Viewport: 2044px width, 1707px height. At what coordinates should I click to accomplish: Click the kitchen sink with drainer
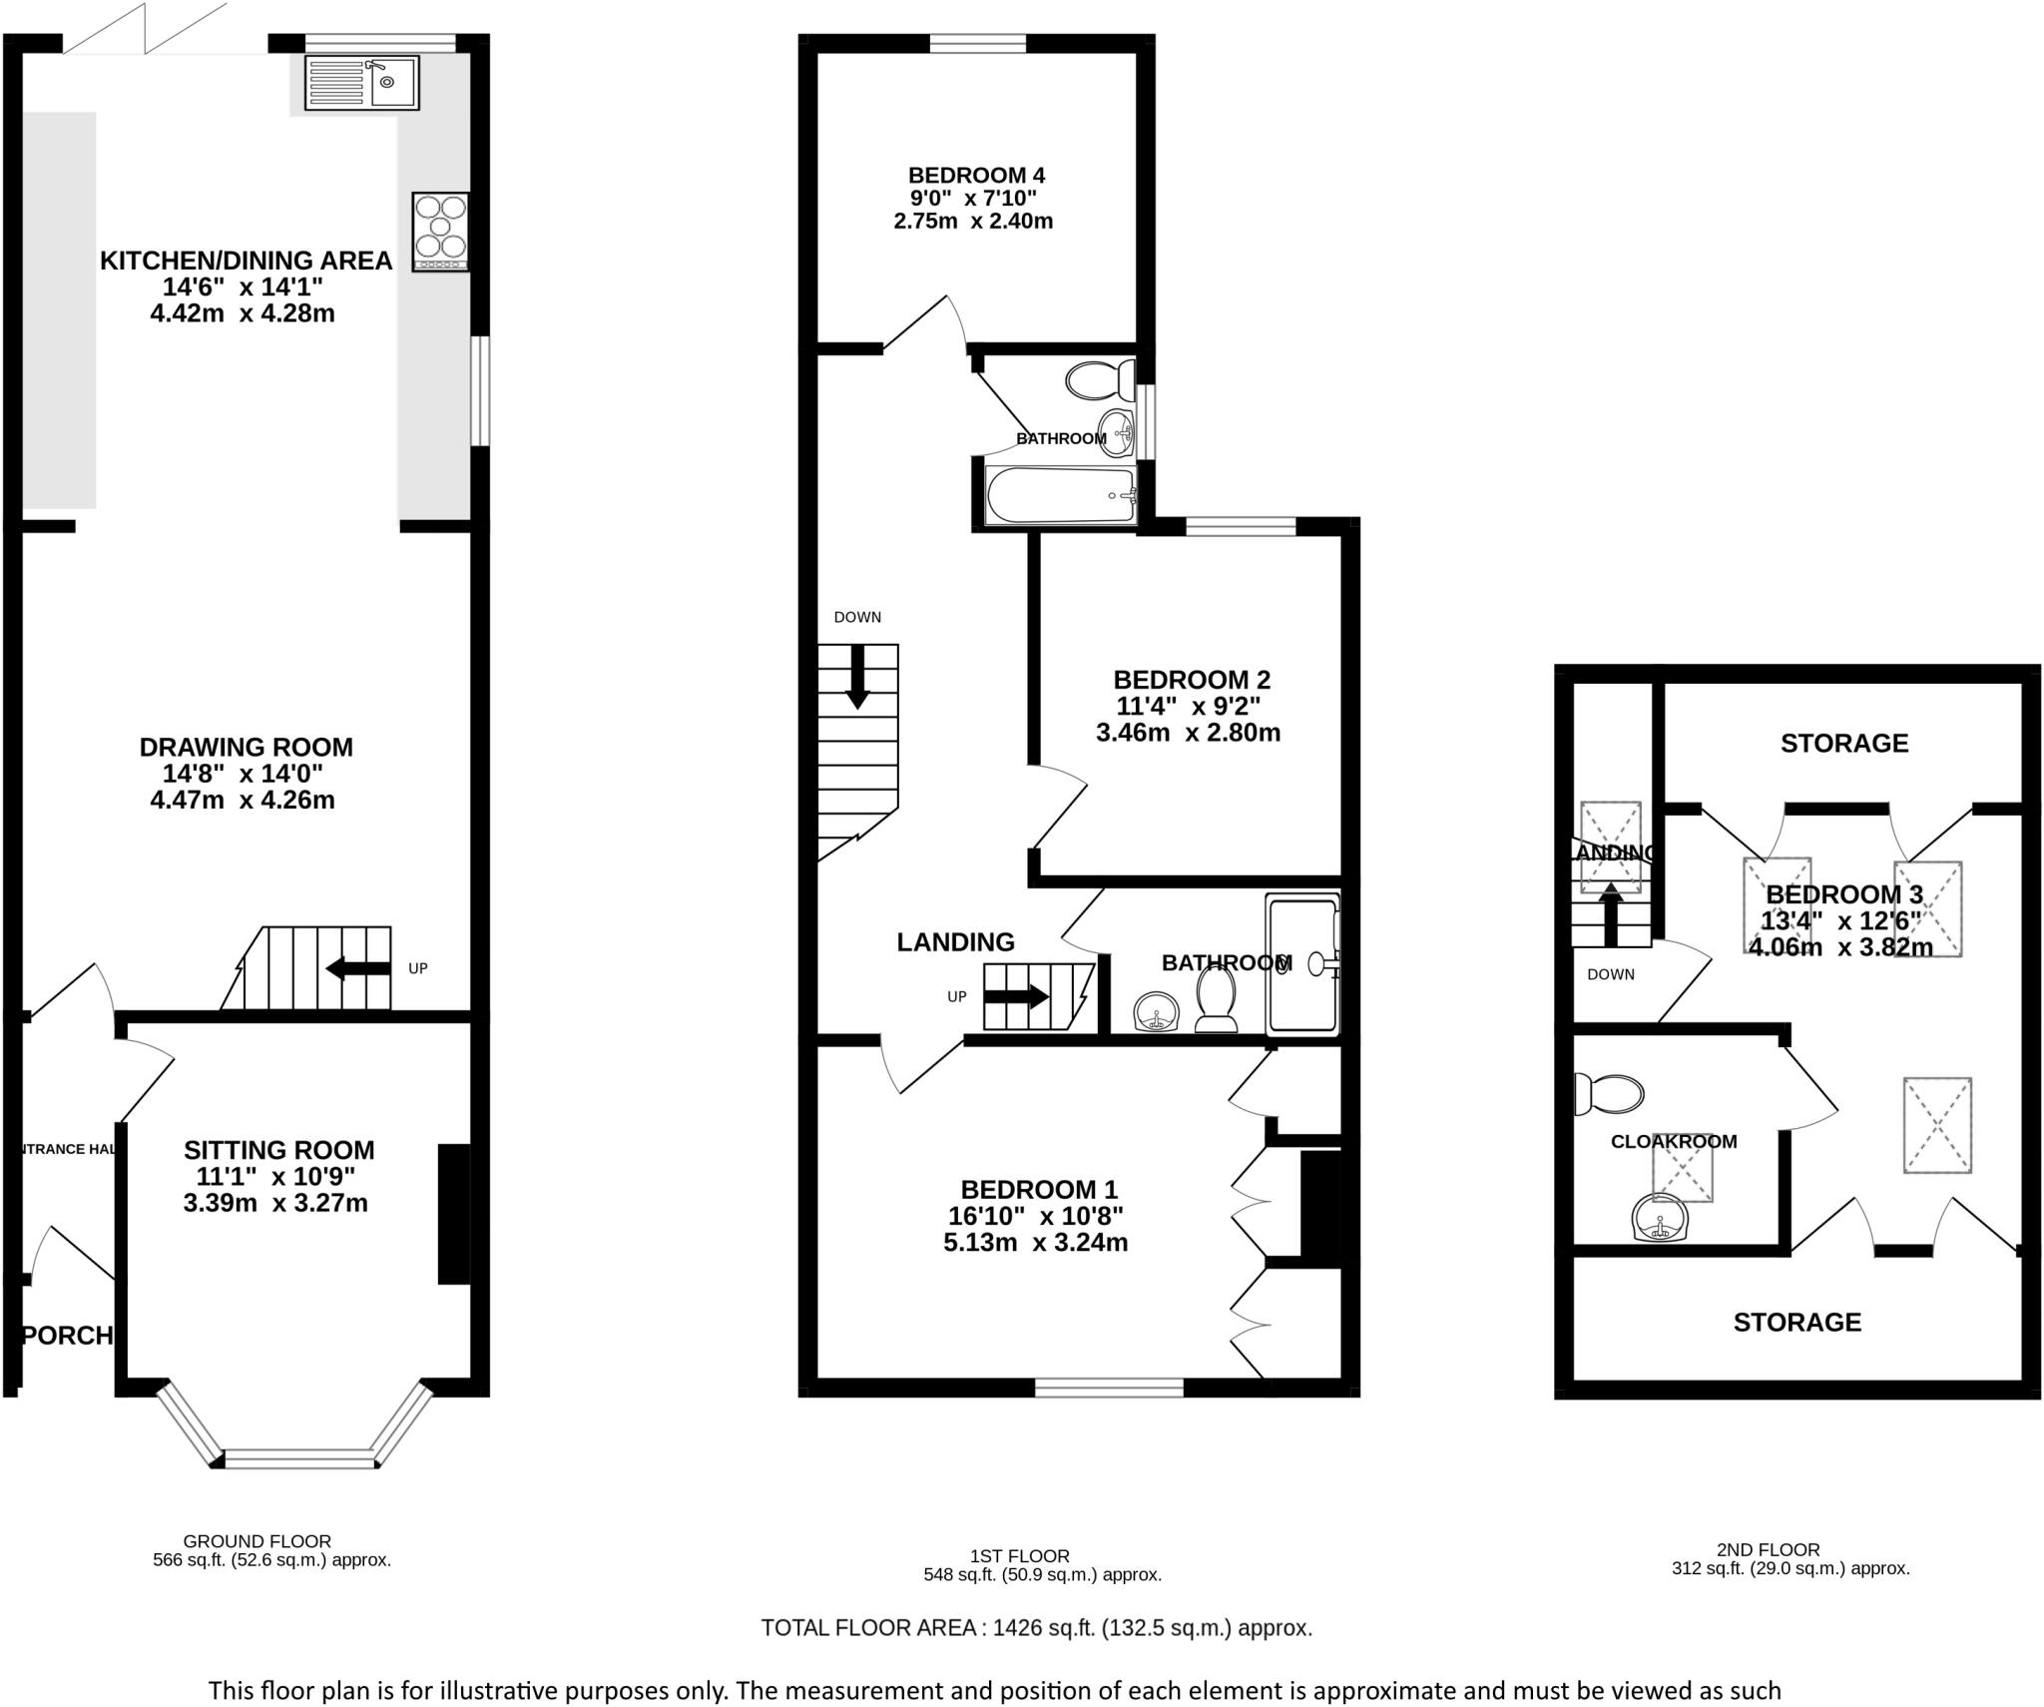tap(361, 83)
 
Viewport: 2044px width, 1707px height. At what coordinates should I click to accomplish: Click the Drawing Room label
tap(246, 747)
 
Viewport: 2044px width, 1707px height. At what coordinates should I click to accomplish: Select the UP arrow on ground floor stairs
tap(358, 967)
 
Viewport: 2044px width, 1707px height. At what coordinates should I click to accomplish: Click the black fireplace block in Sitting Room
tap(454, 1214)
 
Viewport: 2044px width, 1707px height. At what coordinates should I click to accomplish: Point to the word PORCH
tap(68, 1336)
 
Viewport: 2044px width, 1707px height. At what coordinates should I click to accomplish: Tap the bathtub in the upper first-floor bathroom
tap(1060, 495)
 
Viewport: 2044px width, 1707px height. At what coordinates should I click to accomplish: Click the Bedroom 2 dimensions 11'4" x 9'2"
tap(1188, 707)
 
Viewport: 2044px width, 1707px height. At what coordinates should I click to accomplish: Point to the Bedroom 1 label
tap(1038, 1190)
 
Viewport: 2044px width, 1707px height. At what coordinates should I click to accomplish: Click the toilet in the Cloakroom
tap(1607, 1094)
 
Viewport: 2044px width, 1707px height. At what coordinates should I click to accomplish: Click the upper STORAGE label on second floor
tap(1843, 743)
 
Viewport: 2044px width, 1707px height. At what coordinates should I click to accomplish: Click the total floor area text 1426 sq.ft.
tap(1036, 1628)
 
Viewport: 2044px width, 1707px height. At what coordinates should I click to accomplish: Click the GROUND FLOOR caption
tap(257, 1540)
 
